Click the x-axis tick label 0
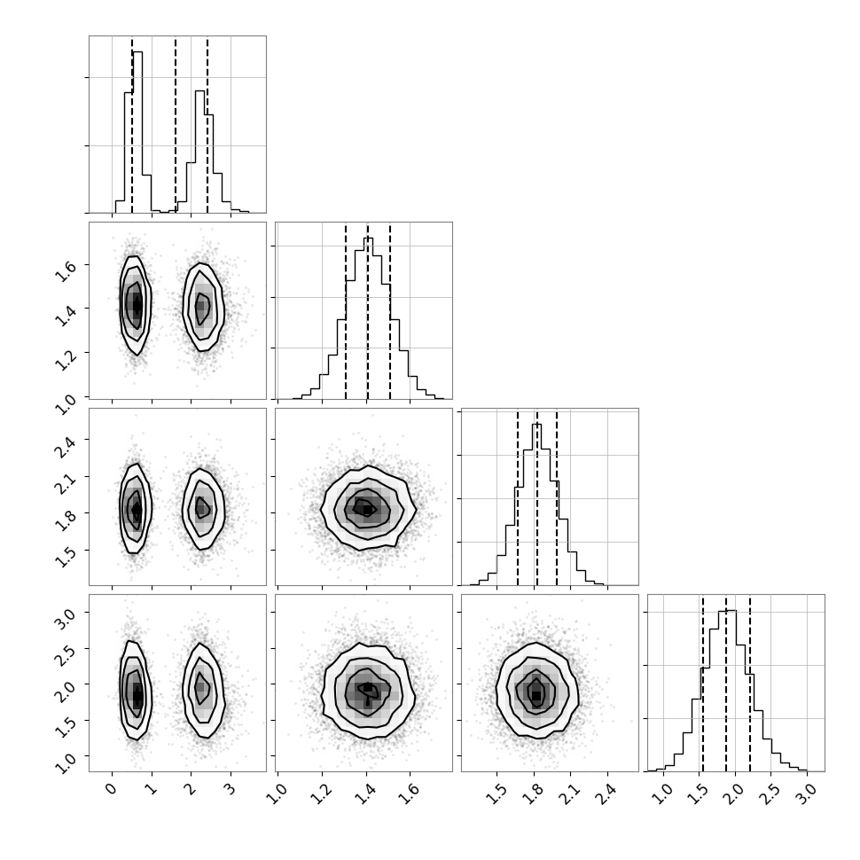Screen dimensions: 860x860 click(x=109, y=788)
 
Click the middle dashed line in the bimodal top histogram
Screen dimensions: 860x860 click(x=176, y=124)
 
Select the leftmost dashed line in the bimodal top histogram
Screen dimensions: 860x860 click(x=132, y=124)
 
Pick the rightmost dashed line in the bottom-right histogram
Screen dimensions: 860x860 click(x=750, y=683)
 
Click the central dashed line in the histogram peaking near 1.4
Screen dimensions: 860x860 click(x=368, y=310)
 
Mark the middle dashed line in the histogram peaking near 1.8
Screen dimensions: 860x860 click(x=536, y=496)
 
